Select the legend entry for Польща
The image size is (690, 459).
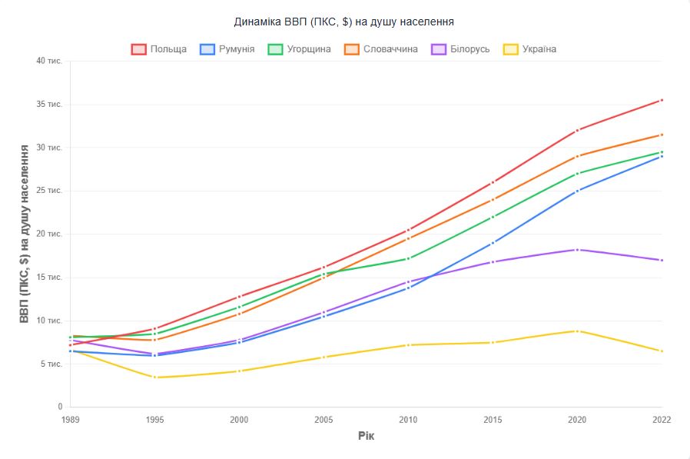point(159,49)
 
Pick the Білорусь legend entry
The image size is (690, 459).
point(460,49)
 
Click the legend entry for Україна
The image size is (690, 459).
point(529,49)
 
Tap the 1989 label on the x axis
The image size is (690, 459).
point(70,420)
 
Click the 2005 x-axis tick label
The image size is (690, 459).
point(323,420)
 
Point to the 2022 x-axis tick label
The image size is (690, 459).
point(661,420)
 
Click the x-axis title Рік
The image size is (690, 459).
point(366,437)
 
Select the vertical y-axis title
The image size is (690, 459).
point(25,234)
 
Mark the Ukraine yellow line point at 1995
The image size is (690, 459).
point(154,377)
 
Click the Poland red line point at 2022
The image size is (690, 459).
point(662,100)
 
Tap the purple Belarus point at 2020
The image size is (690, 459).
point(577,249)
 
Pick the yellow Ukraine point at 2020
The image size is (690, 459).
point(577,331)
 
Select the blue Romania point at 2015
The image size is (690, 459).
point(493,242)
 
